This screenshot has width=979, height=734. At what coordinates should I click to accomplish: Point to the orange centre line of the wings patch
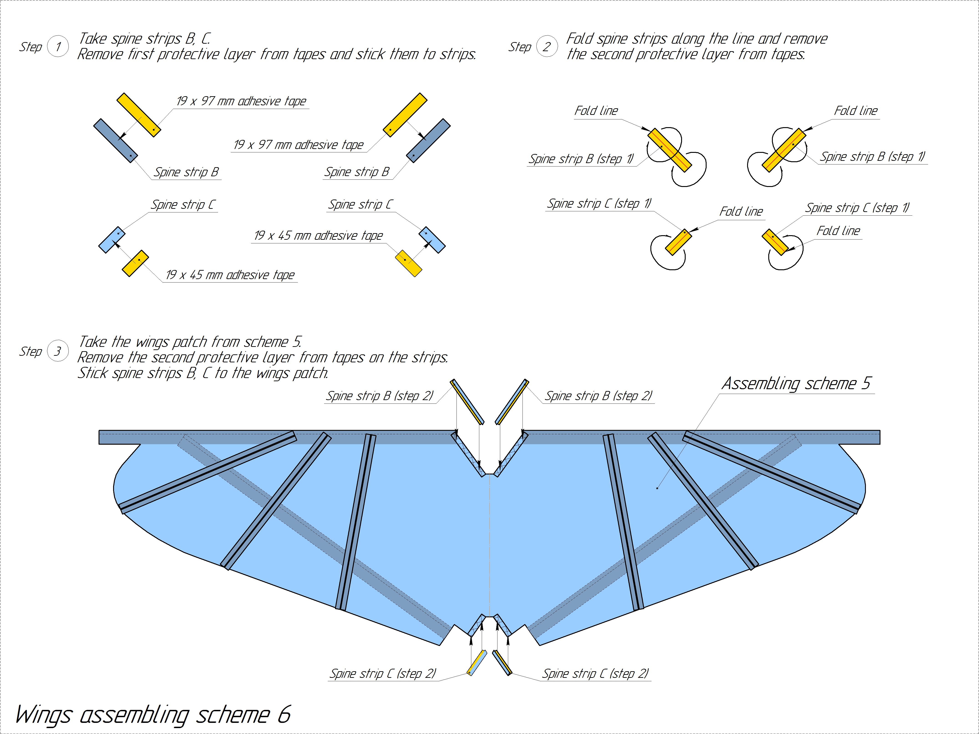[489, 544]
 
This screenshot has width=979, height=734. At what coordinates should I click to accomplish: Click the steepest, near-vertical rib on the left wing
[356, 522]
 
